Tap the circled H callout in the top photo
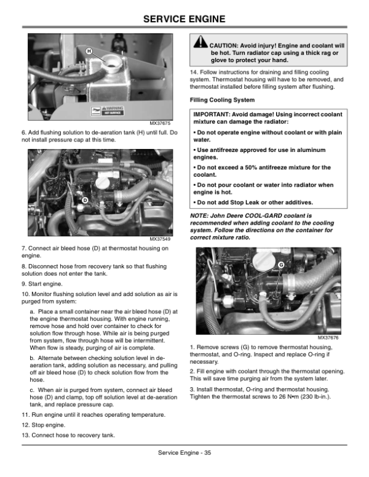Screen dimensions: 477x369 (x=89, y=51)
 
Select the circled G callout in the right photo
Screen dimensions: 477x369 (x=280, y=265)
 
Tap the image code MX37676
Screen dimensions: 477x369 (x=328, y=338)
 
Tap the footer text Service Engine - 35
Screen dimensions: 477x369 (x=184, y=453)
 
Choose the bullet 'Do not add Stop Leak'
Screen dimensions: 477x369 (x=253, y=202)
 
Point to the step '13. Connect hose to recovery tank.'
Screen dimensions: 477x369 (x=69, y=435)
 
